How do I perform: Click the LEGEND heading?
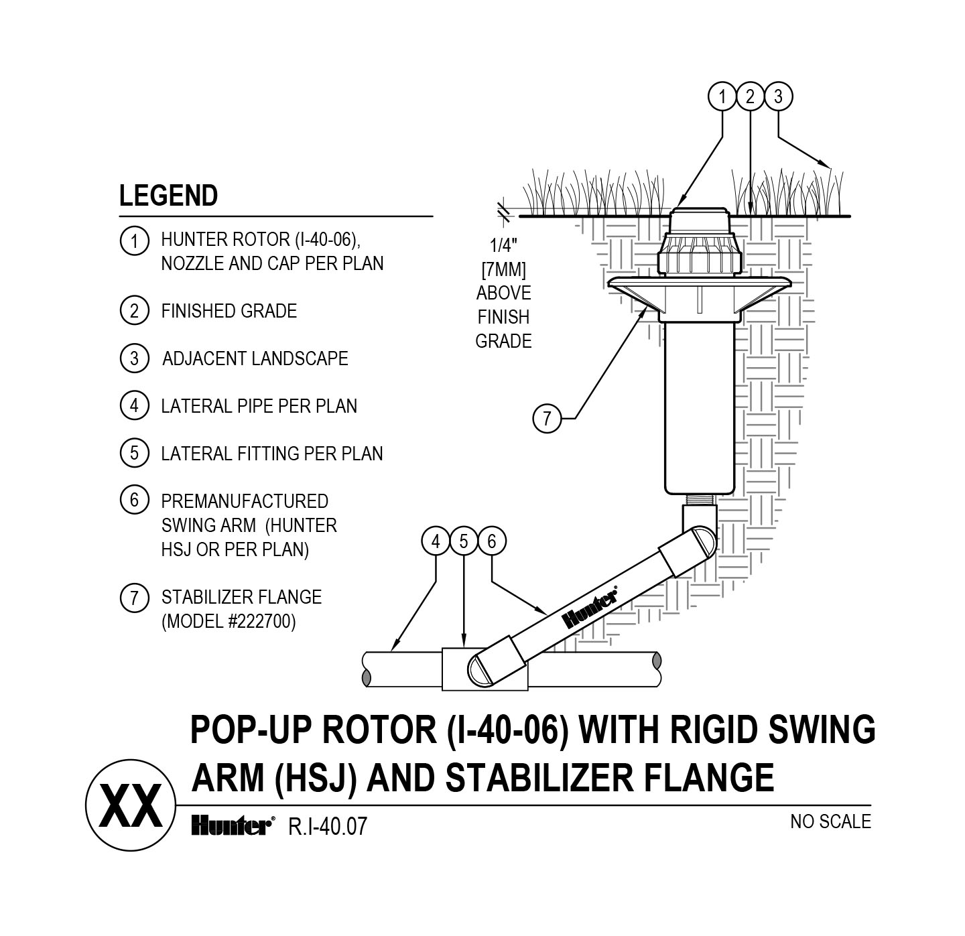pos(168,196)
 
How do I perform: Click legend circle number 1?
pos(134,241)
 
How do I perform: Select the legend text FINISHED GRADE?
pos(229,311)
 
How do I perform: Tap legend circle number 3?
pos(134,358)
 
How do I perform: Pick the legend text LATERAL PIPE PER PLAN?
pos(259,406)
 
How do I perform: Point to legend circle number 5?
pos(134,454)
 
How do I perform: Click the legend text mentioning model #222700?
pos(228,621)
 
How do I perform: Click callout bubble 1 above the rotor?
pos(722,97)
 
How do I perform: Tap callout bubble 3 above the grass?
pos(778,97)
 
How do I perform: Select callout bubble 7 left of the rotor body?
pos(547,419)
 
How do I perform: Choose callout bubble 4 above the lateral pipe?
pos(436,541)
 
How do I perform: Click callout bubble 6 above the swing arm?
pos(492,541)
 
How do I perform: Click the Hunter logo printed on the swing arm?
pos(590,608)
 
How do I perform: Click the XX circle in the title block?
pos(131,806)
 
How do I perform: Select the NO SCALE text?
pos(830,821)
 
